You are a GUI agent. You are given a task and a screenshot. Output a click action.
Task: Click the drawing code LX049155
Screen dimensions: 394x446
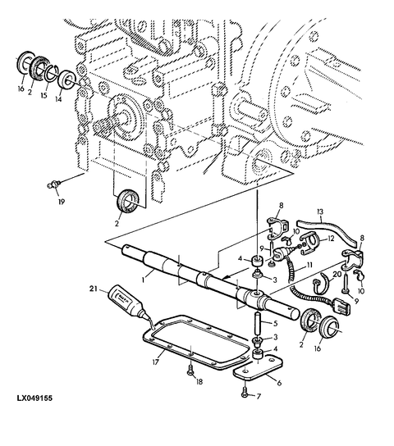[34, 398]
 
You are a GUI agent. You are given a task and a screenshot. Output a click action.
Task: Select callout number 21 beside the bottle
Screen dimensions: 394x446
[93, 289]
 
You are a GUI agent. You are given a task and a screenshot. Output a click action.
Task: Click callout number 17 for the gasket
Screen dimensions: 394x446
[155, 362]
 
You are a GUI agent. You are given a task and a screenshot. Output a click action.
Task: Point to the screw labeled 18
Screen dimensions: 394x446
[190, 370]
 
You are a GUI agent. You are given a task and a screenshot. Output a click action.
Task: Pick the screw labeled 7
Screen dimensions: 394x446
[245, 394]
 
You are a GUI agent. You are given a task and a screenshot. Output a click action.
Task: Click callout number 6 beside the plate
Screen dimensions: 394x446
[280, 383]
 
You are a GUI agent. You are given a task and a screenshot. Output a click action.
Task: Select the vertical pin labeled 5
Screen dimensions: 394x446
[257, 323]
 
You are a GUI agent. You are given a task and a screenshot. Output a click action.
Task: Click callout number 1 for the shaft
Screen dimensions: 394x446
[144, 280]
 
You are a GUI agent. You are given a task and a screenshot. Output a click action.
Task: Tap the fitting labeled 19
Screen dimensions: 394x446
[51, 185]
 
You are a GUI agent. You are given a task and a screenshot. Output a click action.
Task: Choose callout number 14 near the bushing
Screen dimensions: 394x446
[58, 99]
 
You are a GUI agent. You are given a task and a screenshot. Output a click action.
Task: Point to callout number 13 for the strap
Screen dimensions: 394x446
[320, 212]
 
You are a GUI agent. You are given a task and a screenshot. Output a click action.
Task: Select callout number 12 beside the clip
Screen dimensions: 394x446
[331, 239]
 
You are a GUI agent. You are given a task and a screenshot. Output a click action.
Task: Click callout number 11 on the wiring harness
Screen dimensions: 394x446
[309, 266]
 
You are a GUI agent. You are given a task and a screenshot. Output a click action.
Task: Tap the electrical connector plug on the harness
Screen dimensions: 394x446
[341, 307]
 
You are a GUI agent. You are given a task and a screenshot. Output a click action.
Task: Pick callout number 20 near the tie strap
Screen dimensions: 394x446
[337, 275]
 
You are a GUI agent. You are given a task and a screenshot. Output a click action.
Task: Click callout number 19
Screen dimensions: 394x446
[62, 202]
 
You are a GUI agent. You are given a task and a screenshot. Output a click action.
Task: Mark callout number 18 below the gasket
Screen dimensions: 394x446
[199, 381]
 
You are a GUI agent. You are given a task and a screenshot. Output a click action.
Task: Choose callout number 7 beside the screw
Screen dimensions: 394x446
[259, 396]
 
